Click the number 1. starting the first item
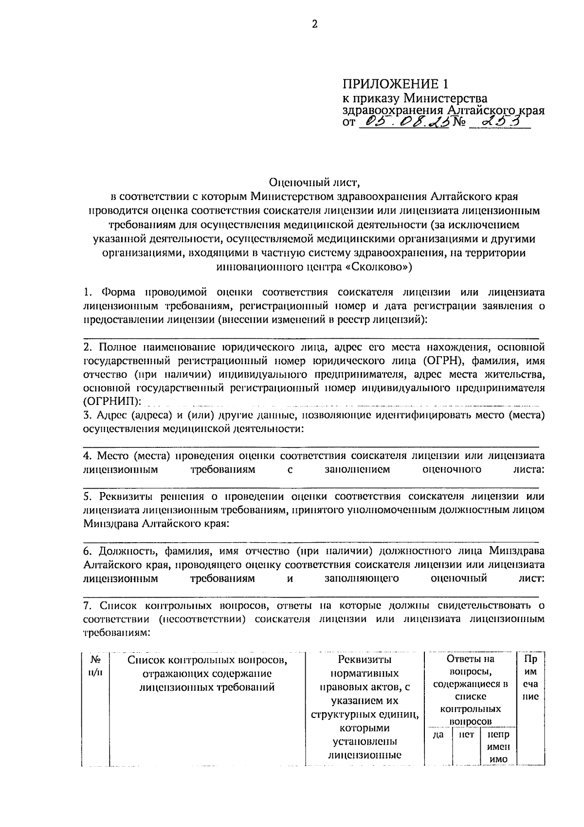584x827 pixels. [x=88, y=293]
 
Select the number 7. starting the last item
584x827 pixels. [x=88, y=606]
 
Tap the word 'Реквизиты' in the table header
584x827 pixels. [x=365, y=660]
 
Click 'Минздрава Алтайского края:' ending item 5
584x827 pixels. [x=156, y=524]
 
